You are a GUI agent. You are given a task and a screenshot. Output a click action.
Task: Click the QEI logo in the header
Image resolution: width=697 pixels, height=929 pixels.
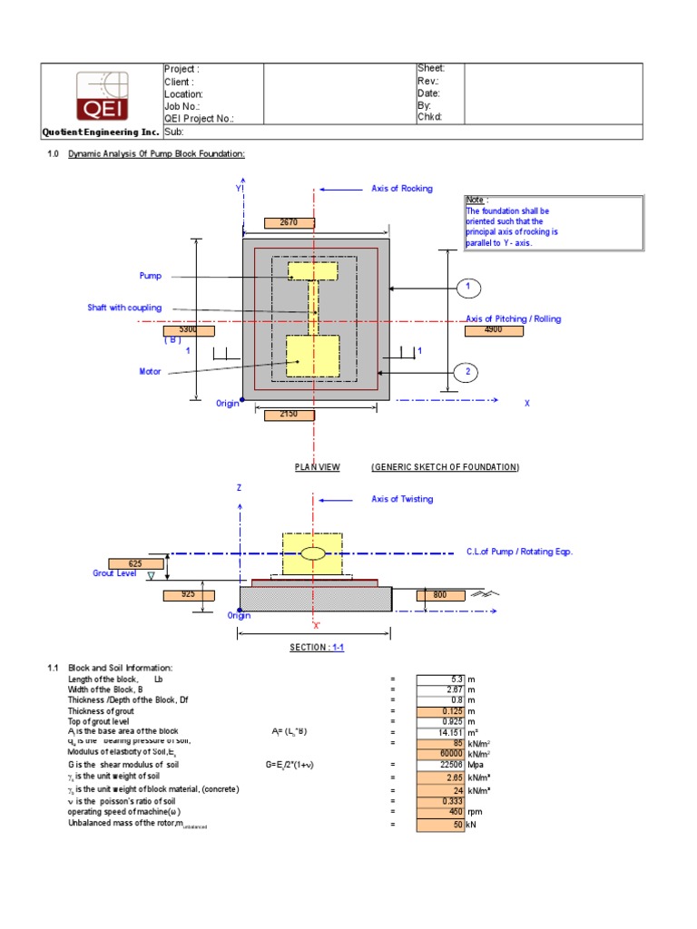[103, 95]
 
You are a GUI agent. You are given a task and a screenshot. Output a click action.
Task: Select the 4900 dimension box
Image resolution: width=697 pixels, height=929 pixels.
[493, 331]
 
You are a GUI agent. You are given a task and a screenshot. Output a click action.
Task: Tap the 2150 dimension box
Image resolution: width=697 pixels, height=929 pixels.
[289, 415]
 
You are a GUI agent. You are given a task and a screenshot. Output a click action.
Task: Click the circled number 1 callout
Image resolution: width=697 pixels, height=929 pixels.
[467, 288]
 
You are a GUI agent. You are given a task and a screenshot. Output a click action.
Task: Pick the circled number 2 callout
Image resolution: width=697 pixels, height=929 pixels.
[467, 372]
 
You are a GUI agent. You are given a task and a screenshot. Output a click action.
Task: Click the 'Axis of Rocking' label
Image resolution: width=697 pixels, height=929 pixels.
[402, 189]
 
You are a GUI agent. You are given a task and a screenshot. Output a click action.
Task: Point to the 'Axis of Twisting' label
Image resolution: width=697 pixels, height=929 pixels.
[402, 499]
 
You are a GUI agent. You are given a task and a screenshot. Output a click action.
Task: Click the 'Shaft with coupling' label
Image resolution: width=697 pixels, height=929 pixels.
[124, 308]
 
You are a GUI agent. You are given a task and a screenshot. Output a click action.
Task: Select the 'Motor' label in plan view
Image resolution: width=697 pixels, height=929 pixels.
[150, 371]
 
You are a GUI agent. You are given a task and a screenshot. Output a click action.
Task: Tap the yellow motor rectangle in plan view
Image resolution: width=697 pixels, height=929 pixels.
[312, 356]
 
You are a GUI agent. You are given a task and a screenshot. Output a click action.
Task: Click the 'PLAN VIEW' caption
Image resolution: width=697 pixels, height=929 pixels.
[318, 466]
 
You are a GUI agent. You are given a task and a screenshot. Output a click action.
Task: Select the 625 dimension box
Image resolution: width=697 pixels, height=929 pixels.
[134, 563]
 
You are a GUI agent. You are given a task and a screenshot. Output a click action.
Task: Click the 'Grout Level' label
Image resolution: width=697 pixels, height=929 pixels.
[115, 573]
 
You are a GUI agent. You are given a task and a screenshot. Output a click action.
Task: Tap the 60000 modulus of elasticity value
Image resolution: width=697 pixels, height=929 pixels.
[441, 753]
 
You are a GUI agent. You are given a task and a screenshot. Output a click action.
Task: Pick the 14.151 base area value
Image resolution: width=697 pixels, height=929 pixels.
[441, 732]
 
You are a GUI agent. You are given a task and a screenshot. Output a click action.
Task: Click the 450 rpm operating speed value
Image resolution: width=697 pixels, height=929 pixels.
[441, 811]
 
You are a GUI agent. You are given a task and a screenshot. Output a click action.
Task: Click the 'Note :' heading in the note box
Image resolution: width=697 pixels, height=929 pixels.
[477, 200]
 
